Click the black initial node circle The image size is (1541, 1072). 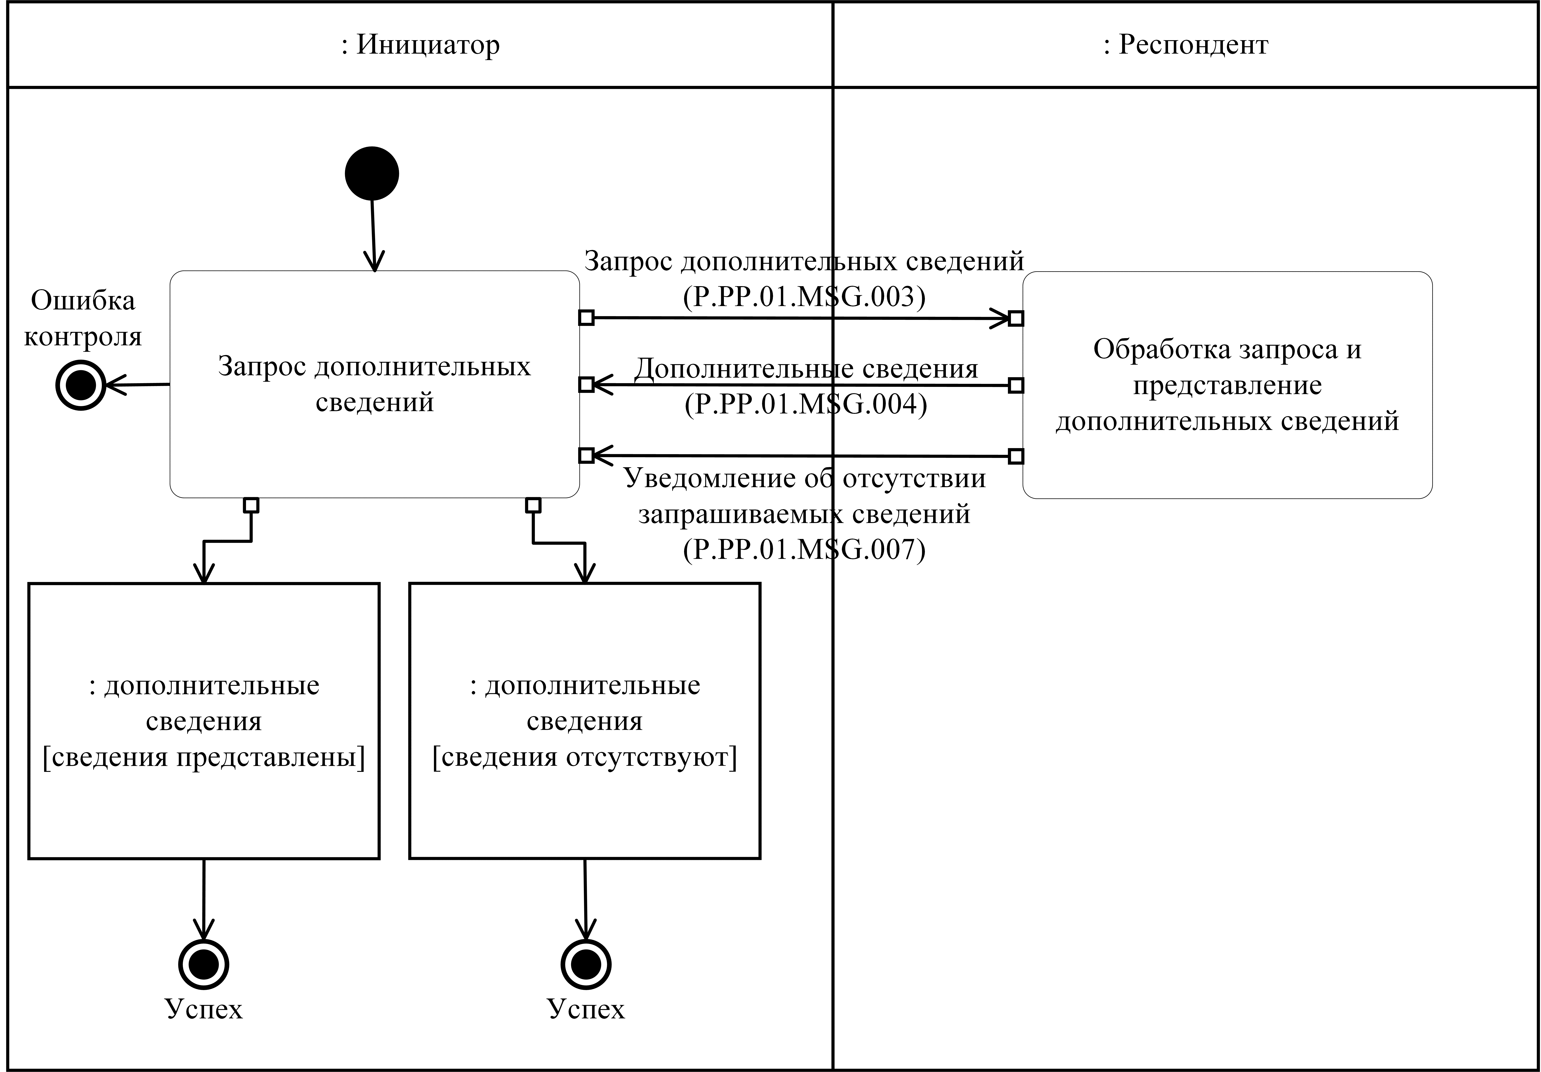(x=372, y=173)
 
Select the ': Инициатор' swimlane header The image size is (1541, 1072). (x=420, y=45)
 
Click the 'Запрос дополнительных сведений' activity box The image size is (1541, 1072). (x=375, y=384)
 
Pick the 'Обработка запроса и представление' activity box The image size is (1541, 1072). (x=1227, y=385)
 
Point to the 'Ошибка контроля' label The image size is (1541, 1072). (x=83, y=318)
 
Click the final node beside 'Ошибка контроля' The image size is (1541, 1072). (x=81, y=385)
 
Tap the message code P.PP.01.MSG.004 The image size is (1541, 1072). (x=805, y=404)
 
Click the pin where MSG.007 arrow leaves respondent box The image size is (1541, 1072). (x=1016, y=456)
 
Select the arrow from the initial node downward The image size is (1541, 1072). (x=373, y=235)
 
